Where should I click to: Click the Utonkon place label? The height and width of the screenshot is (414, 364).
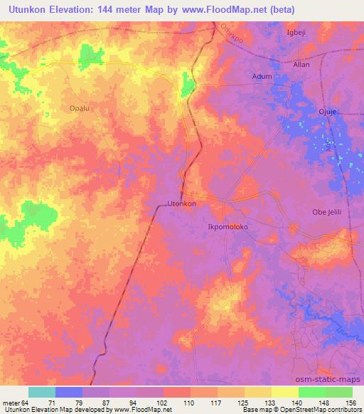click(x=181, y=203)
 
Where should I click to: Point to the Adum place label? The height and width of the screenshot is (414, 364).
click(x=262, y=75)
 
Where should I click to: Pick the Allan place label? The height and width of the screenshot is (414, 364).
click(x=302, y=64)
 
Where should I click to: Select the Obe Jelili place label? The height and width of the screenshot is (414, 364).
click(x=328, y=212)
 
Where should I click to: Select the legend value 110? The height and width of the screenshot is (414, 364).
click(x=188, y=403)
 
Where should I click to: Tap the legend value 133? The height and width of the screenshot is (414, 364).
click(x=271, y=403)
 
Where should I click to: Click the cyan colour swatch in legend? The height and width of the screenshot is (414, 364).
click(x=42, y=393)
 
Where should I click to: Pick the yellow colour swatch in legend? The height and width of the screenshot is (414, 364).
click(x=285, y=393)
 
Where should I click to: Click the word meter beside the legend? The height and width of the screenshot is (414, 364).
click(x=10, y=403)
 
